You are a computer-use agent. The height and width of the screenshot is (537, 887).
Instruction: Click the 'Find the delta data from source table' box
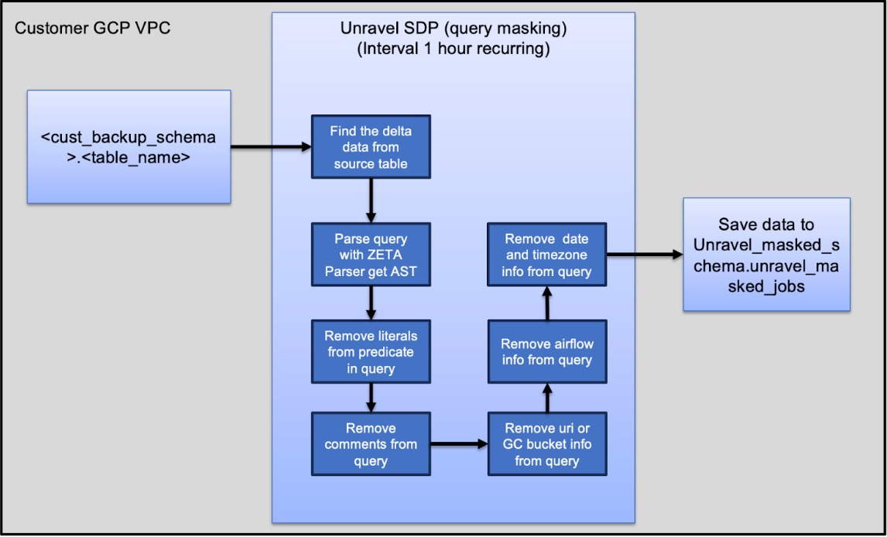click(x=371, y=148)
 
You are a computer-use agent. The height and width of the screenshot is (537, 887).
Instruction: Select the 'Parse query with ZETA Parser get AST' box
click(x=371, y=255)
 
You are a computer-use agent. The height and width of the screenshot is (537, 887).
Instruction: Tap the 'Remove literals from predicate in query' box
click(x=371, y=352)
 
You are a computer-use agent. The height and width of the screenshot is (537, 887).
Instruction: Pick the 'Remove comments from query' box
click(x=371, y=444)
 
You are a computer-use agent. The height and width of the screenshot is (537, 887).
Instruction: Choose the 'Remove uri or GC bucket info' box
click(x=547, y=444)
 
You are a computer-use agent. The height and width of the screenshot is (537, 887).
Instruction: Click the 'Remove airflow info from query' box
click(x=547, y=352)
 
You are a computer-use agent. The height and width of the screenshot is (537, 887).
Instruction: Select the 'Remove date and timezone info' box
click(x=547, y=255)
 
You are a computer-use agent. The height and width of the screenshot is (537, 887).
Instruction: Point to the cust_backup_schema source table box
click(x=128, y=147)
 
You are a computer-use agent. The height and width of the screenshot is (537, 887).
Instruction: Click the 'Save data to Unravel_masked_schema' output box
click(x=766, y=255)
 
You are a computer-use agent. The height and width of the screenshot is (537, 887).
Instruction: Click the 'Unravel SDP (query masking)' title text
click(x=454, y=29)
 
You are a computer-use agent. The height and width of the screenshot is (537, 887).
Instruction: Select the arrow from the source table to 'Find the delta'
click(x=271, y=146)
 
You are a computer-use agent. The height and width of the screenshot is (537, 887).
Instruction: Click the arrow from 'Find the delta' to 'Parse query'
click(x=371, y=200)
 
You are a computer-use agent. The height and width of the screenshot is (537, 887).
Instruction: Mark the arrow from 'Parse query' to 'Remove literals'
click(x=371, y=304)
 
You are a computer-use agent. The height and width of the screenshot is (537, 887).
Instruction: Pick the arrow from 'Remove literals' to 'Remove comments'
click(x=371, y=397)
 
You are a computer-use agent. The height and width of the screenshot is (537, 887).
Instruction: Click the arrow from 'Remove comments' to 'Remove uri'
click(x=459, y=444)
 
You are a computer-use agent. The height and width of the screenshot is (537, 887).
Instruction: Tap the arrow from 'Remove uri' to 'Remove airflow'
click(x=547, y=398)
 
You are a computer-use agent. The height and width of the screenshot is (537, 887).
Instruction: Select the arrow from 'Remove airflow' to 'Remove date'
click(x=547, y=303)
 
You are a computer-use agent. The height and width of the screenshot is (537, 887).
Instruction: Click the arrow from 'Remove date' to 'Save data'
click(x=645, y=254)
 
